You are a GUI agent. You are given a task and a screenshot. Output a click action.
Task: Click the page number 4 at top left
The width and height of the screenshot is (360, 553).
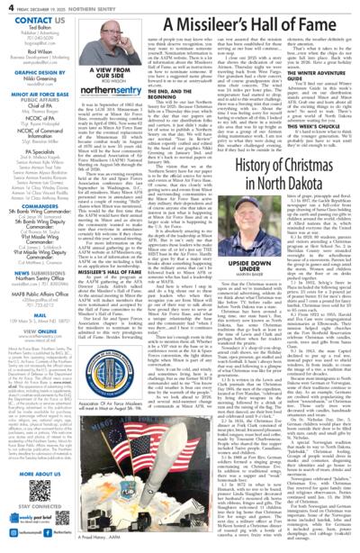coord(6,5)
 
